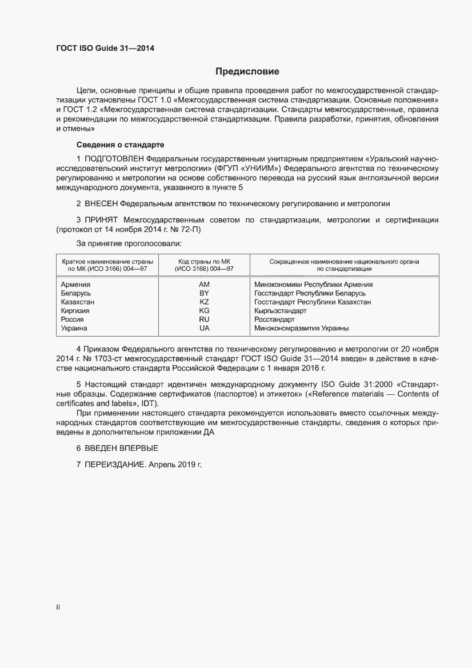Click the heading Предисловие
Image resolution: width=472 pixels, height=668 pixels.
[x=247, y=71]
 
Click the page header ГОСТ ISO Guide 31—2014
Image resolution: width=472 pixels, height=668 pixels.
[x=105, y=49]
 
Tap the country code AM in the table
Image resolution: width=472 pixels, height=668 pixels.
[x=204, y=284]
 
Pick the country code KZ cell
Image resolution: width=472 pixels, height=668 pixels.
[x=204, y=302]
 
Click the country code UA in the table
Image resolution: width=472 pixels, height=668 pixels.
[x=204, y=328]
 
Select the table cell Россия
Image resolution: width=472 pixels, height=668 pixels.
[x=73, y=319]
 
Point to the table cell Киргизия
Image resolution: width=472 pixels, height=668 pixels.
[x=75, y=310]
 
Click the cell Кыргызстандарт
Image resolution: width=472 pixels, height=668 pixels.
[x=280, y=310]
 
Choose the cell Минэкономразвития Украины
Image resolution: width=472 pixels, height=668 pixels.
[x=301, y=328]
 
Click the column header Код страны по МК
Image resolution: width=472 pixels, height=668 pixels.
[x=204, y=261]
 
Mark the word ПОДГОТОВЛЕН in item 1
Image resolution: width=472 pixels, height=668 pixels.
[x=114, y=158]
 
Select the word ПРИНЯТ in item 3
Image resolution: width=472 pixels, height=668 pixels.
[x=102, y=220]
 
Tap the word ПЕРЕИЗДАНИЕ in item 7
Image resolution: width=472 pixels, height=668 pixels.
[x=115, y=465]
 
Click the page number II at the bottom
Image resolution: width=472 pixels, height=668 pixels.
[x=57, y=607]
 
